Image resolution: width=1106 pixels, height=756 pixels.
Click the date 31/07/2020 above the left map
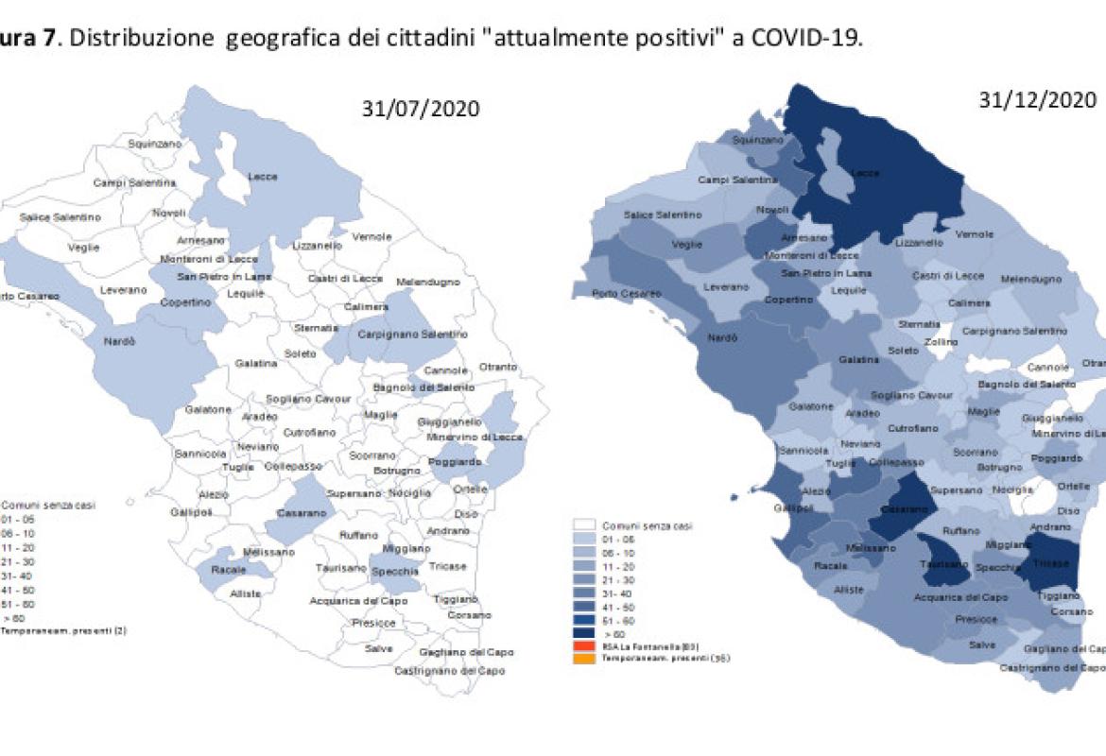[421, 109]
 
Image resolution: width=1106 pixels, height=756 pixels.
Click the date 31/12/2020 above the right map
[1038, 100]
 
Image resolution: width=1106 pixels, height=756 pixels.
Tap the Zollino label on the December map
[942, 342]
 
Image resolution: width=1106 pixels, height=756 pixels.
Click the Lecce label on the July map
[262, 177]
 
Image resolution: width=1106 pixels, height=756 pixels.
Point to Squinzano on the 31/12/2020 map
[759, 140]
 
